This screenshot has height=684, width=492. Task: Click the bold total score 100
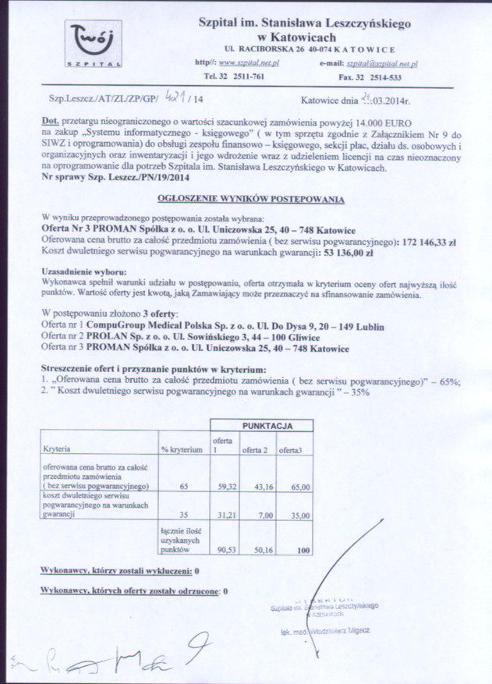[x=303, y=549]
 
